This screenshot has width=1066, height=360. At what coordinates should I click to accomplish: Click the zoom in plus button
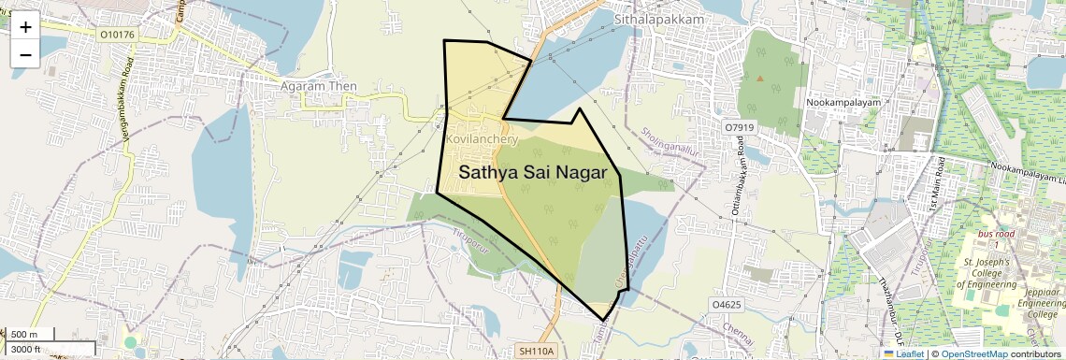[x=25, y=27]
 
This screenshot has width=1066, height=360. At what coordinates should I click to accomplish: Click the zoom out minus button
[x=25, y=54]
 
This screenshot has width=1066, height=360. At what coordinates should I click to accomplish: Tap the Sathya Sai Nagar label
[x=534, y=172]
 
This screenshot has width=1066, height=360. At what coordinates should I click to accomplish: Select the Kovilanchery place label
[x=483, y=138]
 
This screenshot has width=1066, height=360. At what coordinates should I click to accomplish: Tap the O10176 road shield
[x=117, y=36]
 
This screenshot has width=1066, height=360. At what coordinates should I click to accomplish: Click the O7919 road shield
[x=739, y=126]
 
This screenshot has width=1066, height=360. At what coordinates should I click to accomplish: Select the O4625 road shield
[x=727, y=305]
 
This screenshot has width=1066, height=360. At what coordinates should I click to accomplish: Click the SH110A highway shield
[x=537, y=351]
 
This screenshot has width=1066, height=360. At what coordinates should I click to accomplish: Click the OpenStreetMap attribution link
[x=973, y=354]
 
